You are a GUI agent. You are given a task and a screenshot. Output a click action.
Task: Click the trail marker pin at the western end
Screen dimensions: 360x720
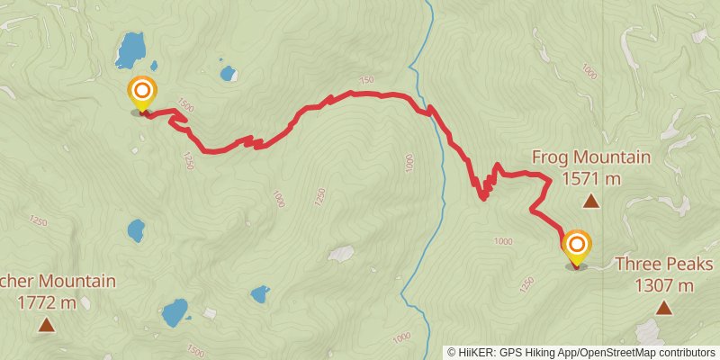click(142, 94)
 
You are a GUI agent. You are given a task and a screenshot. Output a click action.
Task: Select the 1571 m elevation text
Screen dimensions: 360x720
click(590, 178)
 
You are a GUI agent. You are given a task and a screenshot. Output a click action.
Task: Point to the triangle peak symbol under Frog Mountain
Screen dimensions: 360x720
click(590, 202)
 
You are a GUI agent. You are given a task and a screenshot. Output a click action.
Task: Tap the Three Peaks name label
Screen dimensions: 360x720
click(663, 265)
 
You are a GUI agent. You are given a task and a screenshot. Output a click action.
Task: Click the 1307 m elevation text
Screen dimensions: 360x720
click(663, 286)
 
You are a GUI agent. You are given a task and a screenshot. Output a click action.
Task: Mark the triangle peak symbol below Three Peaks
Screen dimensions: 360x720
click(663, 309)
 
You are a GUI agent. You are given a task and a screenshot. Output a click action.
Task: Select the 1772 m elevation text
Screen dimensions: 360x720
click(46, 302)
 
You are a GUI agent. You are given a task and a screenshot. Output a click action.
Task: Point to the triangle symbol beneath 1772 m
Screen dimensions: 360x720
click(46, 324)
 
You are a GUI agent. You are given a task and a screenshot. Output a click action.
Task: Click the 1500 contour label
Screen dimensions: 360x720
click(184, 106)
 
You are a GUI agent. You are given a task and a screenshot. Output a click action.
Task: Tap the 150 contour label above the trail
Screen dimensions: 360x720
click(365, 81)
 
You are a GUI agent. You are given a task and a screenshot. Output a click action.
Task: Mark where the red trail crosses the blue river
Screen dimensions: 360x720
click(430, 112)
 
